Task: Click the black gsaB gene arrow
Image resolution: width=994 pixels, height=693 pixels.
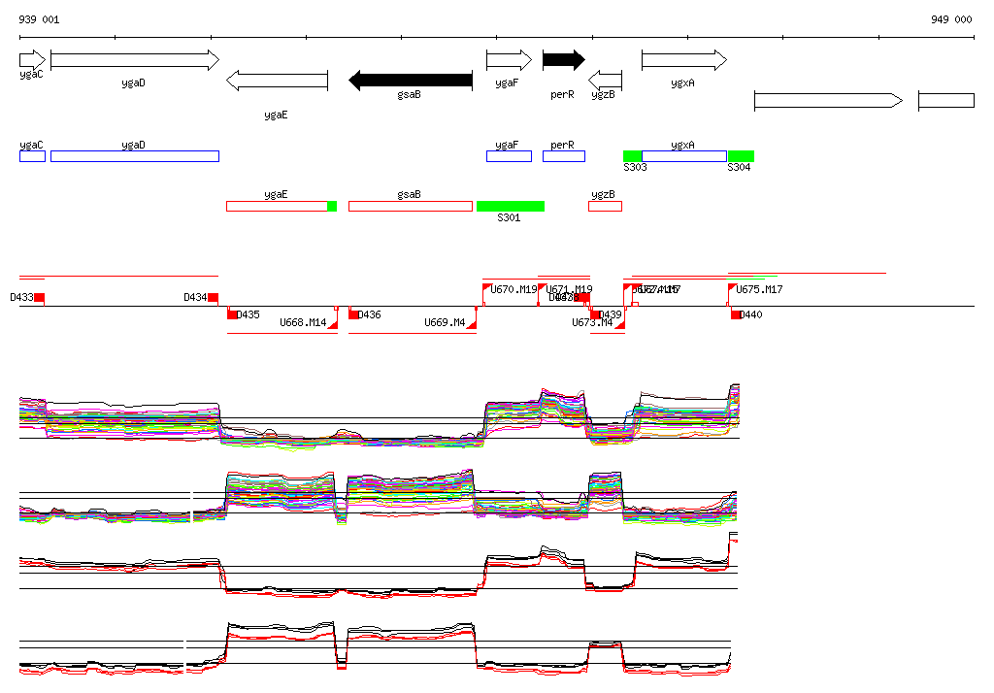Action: pyautogui.click(x=410, y=81)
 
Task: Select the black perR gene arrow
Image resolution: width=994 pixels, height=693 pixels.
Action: pyautogui.click(x=563, y=60)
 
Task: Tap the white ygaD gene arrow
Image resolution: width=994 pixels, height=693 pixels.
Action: pyautogui.click(x=135, y=60)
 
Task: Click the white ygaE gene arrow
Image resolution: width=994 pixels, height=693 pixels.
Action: pyautogui.click(x=277, y=81)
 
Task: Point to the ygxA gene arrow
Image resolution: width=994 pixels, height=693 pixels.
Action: pyautogui.click(x=683, y=60)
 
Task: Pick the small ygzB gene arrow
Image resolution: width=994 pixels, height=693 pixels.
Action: pyautogui.click(x=606, y=79)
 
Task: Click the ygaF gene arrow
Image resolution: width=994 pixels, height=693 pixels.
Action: pyautogui.click(x=509, y=60)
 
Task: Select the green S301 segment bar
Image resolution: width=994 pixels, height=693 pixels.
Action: pyautogui.click(x=511, y=206)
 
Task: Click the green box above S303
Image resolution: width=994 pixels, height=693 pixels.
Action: pyautogui.click(x=632, y=156)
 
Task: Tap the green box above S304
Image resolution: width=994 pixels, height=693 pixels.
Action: pyautogui.click(x=741, y=156)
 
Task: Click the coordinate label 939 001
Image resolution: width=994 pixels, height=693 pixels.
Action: pyautogui.click(x=39, y=19)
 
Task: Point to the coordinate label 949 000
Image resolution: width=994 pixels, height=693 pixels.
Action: pyautogui.click(x=951, y=19)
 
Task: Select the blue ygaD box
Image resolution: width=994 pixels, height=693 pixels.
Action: pyautogui.click(x=135, y=156)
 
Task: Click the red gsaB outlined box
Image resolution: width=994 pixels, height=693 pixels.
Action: pyautogui.click(x=410, y=206)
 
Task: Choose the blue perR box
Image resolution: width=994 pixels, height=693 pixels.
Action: pyautogui.click(x=563, y=156)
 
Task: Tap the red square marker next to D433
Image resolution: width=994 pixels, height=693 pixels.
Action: pyautogui.click(x=39, y=297)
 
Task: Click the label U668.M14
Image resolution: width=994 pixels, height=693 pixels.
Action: pyautogui.click(x=303, y=322)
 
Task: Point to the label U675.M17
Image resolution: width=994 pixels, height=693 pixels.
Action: pyautogui.click(x=759, y=289)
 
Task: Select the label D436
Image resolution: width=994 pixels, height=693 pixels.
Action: pyautogui.click(x=370, y=314)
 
